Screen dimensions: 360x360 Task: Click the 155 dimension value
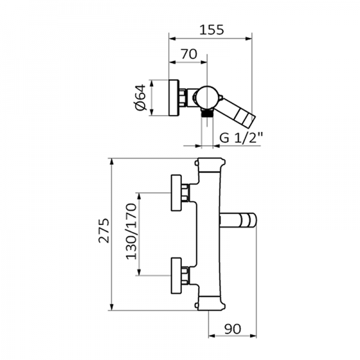(209, 29)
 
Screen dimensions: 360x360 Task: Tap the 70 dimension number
(188, 53)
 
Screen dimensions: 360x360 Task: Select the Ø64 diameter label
(139, 97)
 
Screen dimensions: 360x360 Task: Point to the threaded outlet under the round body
(207, 113)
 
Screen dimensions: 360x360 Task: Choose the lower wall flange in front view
(178, 276)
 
